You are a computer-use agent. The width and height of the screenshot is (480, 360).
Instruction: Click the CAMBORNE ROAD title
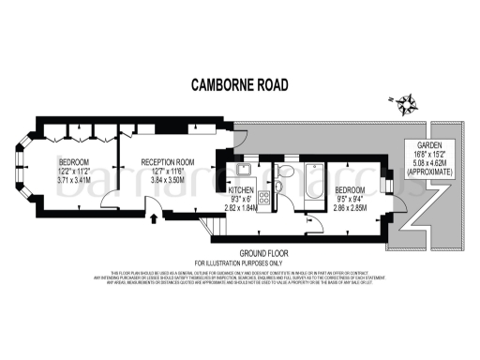[x=239, y=85]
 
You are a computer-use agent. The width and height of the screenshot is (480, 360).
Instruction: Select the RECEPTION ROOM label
[x=168, y=162]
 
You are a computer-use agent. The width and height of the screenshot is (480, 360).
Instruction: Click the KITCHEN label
[x=241, y=189]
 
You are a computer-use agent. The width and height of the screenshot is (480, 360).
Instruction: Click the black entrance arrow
[x=153, y=220]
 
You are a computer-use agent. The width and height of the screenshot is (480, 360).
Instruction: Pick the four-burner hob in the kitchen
[x=263, y=198]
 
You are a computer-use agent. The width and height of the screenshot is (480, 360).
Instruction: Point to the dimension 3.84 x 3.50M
[x=168, y=181]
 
